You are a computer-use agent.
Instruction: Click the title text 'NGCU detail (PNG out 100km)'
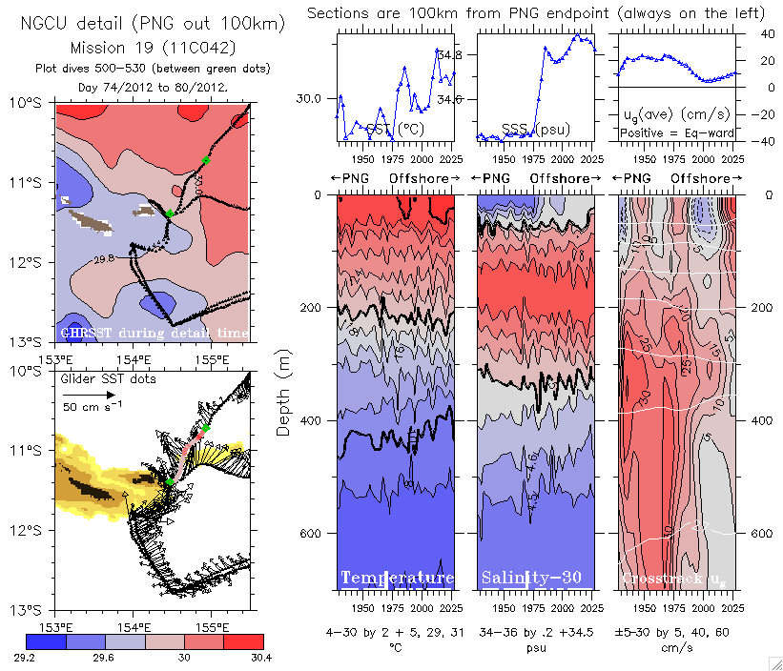(154, 23)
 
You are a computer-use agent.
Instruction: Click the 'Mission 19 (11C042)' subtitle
(154, 47)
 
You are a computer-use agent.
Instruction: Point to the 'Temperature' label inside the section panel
(397, 578)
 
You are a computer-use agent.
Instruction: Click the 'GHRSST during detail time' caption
(154, 333)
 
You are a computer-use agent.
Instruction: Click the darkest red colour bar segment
(243, 641)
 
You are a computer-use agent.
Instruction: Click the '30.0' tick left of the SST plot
(314, 98)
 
